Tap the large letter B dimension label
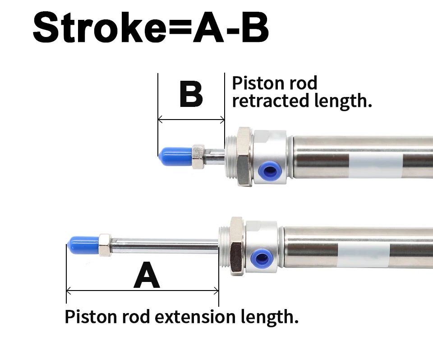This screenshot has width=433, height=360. [191, 94]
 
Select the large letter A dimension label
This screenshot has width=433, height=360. [147, 276]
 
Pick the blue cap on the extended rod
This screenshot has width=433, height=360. [83, 245]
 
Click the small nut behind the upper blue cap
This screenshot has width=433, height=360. [198, 156]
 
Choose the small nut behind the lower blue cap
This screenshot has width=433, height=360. [105, 245]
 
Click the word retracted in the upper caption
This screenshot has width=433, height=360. [264, 100]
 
